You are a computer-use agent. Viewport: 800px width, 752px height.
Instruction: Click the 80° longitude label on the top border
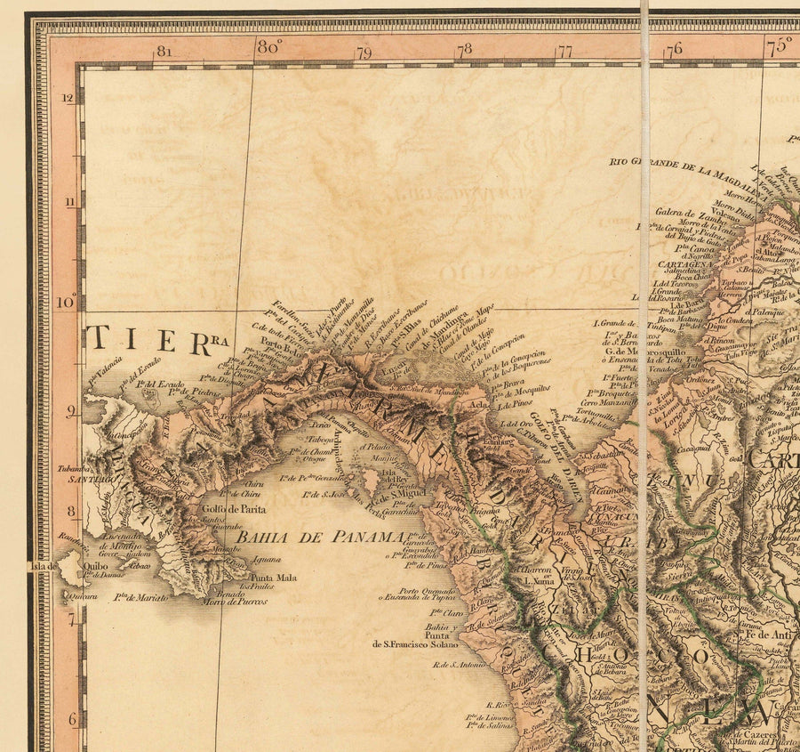click(269, 47)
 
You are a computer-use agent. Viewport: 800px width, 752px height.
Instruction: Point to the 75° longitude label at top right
click(779, 45)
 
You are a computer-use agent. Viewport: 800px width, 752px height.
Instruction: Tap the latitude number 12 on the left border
click(68, 98)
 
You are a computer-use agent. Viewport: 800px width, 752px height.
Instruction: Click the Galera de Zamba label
click(685, 214)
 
